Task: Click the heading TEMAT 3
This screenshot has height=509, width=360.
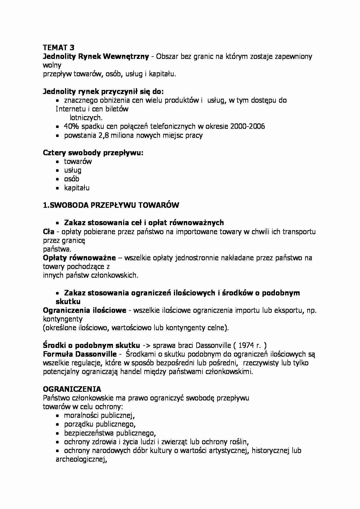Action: click(x=58, y=48)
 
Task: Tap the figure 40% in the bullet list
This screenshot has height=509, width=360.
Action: click(x=71, y=127)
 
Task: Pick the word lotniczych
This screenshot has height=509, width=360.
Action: click(x=86, y=118)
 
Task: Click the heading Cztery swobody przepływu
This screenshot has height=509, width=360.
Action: click(x=93, y=153)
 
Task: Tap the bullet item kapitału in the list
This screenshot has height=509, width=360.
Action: click(x=77, y=188)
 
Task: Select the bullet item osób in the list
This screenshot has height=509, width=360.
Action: click(x=71, y=179)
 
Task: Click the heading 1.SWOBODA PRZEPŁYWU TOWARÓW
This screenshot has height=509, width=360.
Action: click(x=111, y=205)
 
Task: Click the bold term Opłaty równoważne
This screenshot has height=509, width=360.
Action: click(x=79, y=258)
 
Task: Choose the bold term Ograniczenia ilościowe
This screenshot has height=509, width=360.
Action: click(x=84, y=310)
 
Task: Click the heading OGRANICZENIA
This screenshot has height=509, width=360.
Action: click(x=72, y=389)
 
